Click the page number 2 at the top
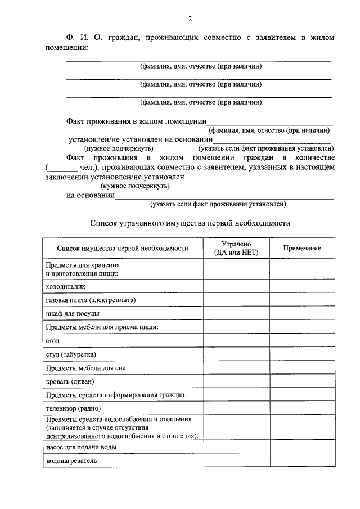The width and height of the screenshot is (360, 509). pyautogui.click(x=190, y=20)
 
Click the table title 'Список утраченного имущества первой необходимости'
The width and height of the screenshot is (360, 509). pyautogui.click(x=190, y=223)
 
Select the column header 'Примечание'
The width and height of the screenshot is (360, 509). pyautogui.click(x=302, y=248)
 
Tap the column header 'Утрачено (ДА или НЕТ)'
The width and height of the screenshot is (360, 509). pyautogui.click(x=236, y=248)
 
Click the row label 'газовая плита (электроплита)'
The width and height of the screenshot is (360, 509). pyautogui.click(x=91, y=300)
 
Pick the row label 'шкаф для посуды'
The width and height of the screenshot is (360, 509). pyautogui.click(x=73, y=313)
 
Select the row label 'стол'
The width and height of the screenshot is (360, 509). pyautogui.click(x=52, y=341)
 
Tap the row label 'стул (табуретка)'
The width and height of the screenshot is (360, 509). pyautogui.click(x=71, y=354)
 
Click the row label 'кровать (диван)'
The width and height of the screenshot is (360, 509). pyautogui.click(x=70, y=381)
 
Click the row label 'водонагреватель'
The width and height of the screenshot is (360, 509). pyautogui.click(x=71, y=461)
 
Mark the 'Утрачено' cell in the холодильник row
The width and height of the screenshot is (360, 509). pyautogui.click(x=236, y=286)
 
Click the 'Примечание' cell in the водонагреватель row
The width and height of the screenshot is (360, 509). pyautogui.click(x=302, y=461)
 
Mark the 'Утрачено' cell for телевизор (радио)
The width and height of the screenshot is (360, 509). pyautogui.click(x=236, y=408)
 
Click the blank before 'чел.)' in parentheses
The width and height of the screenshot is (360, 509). pyautogui.click(x=60, y=168)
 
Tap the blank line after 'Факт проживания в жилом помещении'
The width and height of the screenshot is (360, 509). pyautogui.click(x=269, y=122)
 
